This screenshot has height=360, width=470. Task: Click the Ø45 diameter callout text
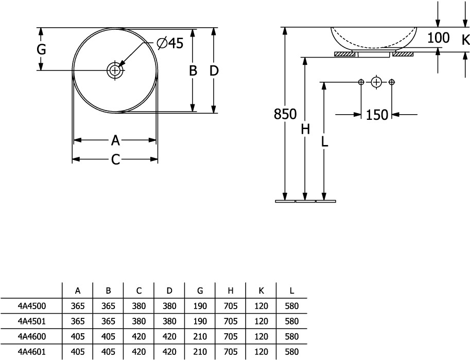coord(169,44)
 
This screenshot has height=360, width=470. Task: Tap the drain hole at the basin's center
coord(115,70)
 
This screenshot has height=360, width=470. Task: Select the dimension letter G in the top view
coord(42,50)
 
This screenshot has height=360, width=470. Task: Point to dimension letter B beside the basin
coord(193,71)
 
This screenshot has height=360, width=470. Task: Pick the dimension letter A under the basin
coord(115,140)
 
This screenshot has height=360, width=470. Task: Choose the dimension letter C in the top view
coord(115,160)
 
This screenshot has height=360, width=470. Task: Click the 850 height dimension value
coord(285,114)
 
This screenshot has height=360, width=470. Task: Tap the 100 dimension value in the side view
coord(438,38)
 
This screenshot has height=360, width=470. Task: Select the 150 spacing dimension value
coord(377,115)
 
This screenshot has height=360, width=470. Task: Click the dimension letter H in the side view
coord(305,130)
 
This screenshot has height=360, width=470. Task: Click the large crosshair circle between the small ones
coord(377,82)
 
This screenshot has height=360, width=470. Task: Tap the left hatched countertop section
coord(346,53)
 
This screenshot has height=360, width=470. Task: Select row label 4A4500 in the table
coord(32,306)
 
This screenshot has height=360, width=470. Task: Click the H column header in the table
coord(231,291)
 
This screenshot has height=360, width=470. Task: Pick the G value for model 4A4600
coord(200,337)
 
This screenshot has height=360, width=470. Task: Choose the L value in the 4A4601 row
coord(292,353)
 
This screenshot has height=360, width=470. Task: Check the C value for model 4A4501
coord(138,321)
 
